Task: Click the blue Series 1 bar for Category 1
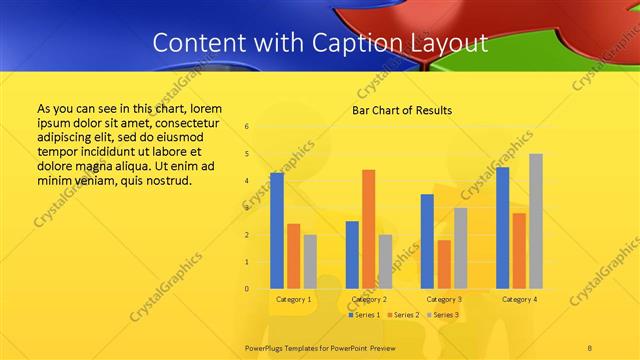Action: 277,231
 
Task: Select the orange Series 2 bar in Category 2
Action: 368,229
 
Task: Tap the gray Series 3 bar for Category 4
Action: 536,221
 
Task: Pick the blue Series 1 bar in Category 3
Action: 427,241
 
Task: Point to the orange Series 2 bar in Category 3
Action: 444,264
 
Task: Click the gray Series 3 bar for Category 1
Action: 310,261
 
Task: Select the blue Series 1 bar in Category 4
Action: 502,228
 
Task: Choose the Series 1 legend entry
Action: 365,315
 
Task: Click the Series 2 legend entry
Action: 402,315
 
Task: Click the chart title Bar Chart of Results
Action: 402,110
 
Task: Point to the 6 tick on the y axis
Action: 247,127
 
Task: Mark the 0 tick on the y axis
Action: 247,289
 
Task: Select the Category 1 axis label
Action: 293,300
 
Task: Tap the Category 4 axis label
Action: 519,300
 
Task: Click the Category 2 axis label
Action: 369,300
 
